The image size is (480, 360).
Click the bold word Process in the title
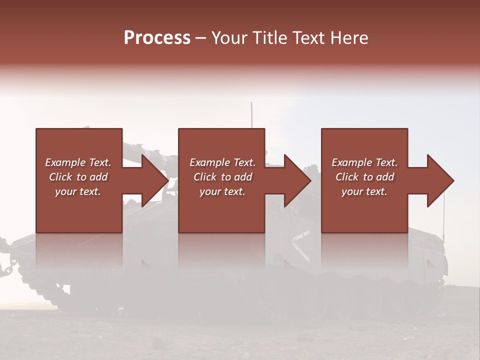[x=157, y=38]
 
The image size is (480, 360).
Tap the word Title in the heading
[x=268, y=38]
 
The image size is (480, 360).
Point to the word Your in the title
[x=229, y=38]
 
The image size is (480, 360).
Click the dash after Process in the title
[x=201, y=38]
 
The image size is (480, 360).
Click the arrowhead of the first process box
[x=155, y=180]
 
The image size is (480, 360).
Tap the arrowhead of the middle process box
[x=298, y=180]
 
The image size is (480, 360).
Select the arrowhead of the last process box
[x=440, y=180]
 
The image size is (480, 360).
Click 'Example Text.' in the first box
[x=78, y=162]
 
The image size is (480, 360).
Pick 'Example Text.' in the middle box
[x=222, y=162]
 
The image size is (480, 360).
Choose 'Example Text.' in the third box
[x=364, y=162]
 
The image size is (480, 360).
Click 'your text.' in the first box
[x=78, y=191]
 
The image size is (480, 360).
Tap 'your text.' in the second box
[x=222, y=191]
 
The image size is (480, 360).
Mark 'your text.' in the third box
[x=364, y=191]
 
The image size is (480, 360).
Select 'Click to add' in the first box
[x=78, y=177]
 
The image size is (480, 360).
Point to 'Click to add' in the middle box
[x=222, y=177]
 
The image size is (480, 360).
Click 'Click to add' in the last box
[x=364, y=177]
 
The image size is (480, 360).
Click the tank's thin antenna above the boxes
[x=251, y=114]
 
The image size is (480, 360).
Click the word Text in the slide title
[x=308, y=38]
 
